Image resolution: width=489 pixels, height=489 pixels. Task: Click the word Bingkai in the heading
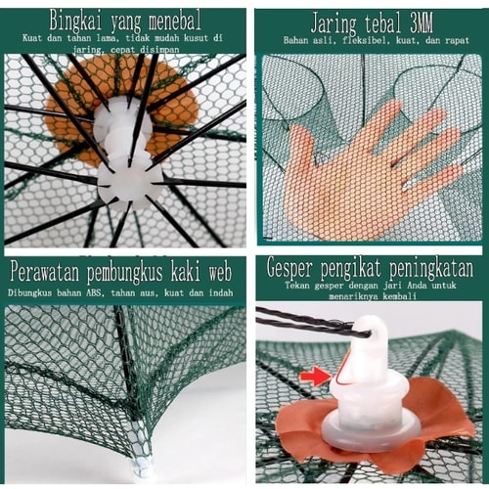[x=75, y=21]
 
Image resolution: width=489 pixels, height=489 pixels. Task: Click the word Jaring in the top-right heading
[x=333, y=23]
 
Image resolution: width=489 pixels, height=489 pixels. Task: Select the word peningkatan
[x=431, y=268]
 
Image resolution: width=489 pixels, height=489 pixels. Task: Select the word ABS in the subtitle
[x=94, y=292]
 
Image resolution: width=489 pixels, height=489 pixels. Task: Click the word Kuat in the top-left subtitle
[x=32, y=38]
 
